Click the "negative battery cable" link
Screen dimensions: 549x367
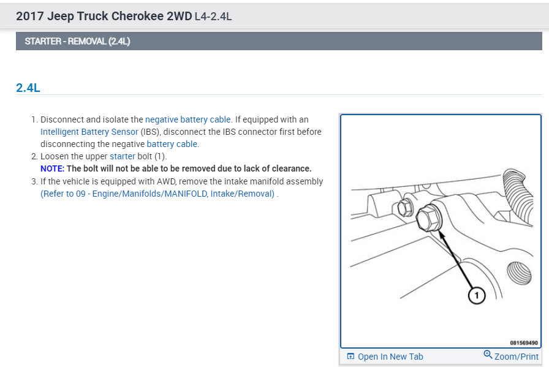pos(187,119)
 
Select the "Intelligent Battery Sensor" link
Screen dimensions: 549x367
pos(89,132)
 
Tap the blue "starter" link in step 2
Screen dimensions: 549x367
pos(122,156)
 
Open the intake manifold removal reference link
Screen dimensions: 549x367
pos(159,194)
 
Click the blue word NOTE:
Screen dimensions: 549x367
pos(52,168)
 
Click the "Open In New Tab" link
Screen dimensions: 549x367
pos(390,357)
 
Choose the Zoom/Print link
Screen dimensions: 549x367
pos(516,357)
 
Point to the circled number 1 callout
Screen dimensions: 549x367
pos(476,295)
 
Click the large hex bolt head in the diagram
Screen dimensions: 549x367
pos(428,218)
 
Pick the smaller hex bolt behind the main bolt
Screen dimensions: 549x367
pos(406,208)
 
